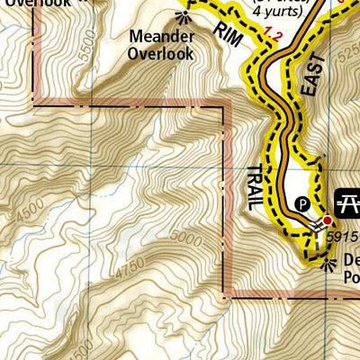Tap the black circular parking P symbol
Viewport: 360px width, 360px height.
click(302, 202)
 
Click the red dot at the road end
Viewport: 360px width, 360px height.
click(328, 220)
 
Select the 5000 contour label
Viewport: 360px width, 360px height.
click(185, 239)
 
